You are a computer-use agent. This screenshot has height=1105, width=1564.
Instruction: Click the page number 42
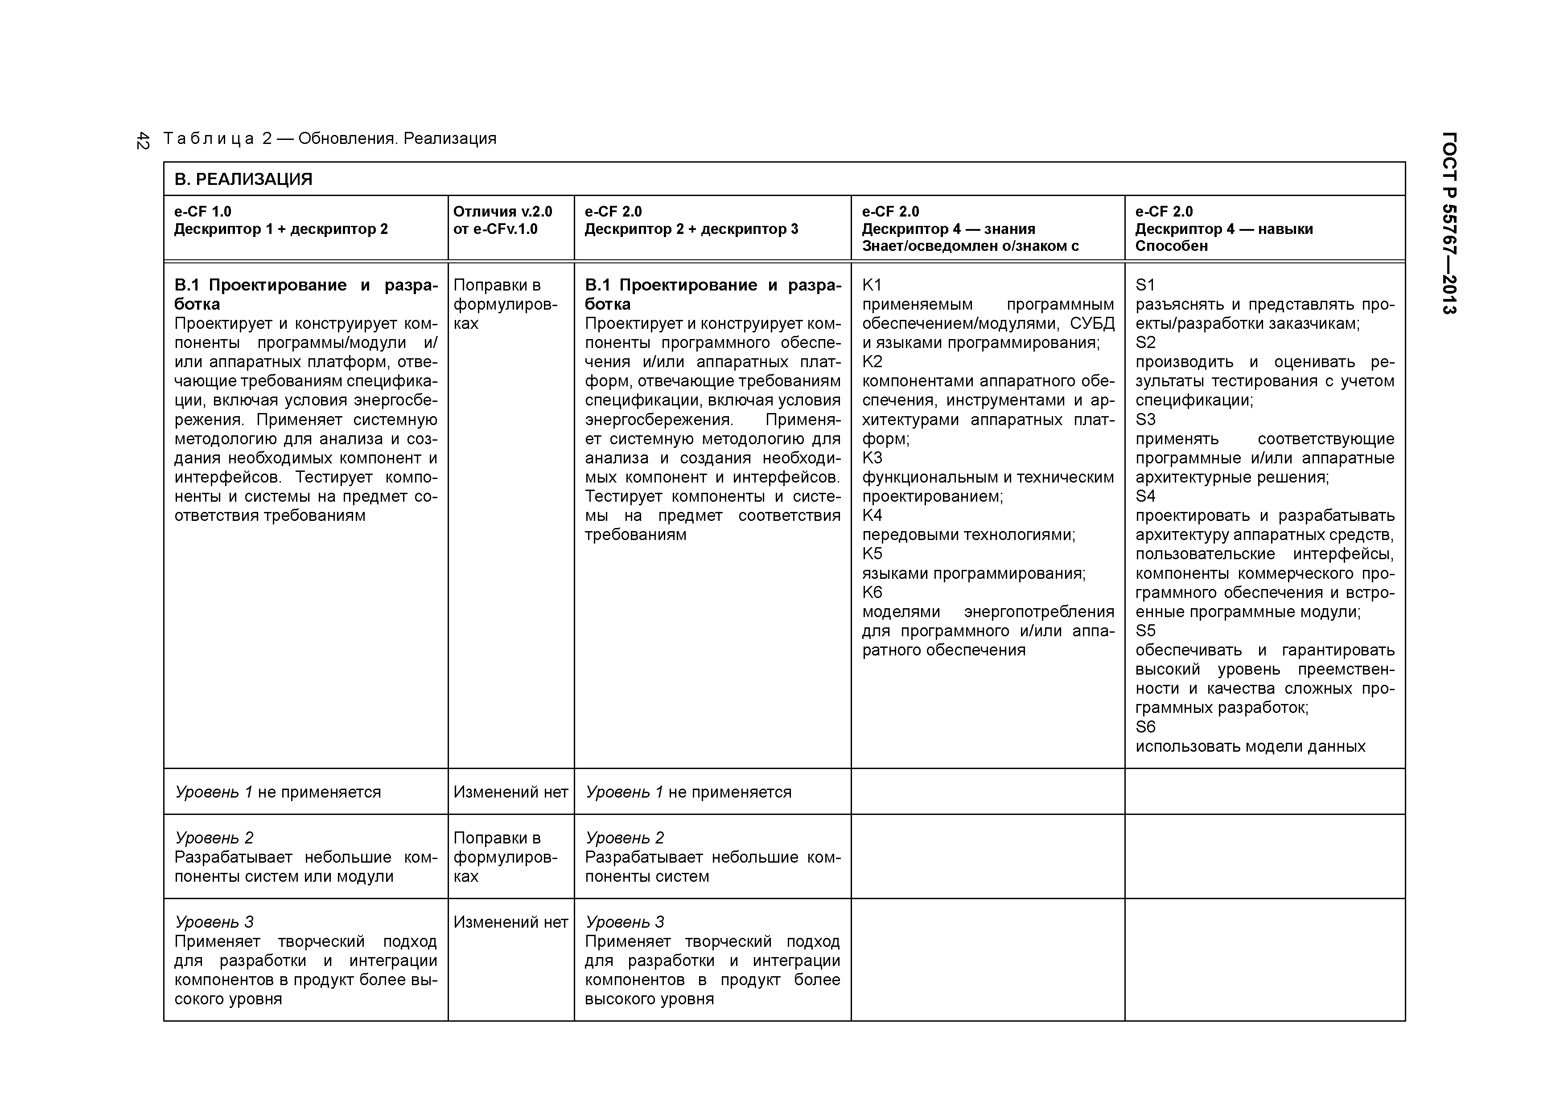[142, 140]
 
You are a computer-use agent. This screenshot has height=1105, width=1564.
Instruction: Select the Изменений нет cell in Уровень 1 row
[510, 792]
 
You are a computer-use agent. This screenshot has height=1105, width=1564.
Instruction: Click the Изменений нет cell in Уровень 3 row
[510, 922]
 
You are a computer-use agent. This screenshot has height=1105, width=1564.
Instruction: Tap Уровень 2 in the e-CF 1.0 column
[214, 837]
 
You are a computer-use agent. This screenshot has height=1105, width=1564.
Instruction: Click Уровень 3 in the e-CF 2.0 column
[625, 922]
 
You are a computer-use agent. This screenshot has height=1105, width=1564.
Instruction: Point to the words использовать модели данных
[1250, 746]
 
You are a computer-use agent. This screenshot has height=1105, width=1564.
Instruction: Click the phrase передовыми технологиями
[968, 535]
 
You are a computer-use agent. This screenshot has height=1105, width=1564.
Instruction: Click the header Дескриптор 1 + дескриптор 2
[280, 229]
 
